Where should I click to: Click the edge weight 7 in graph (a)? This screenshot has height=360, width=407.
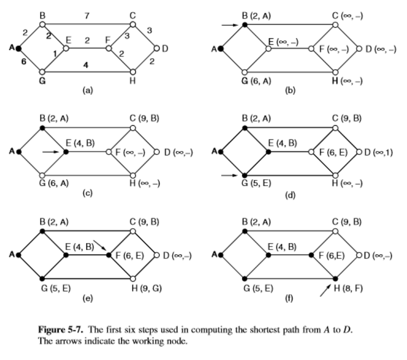coord(87,17)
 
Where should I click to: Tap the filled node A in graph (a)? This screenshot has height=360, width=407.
coord(19,48)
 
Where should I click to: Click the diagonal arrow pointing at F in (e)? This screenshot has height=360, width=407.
coord(101,246)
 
